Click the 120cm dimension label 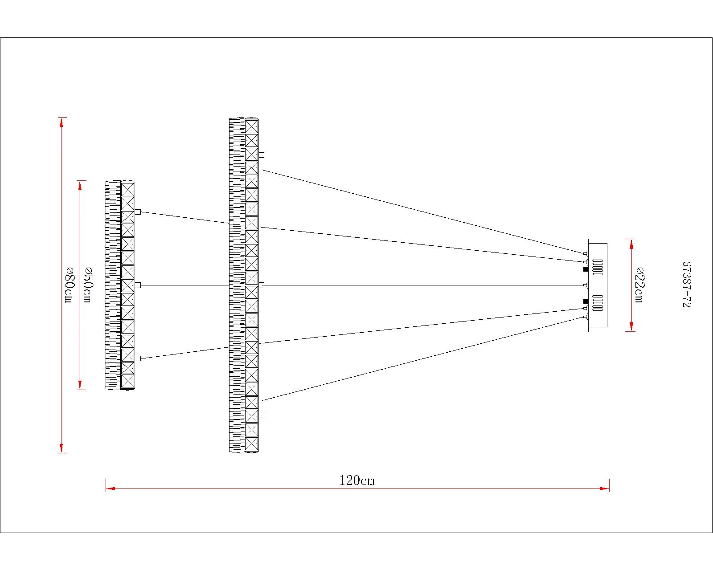(357, 480)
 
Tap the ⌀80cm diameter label (69, 285)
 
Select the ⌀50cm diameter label (87, 285)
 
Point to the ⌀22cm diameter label (639, 285)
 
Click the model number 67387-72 (687, 285)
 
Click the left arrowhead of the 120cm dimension (111, 489)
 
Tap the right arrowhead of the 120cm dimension (605, 489)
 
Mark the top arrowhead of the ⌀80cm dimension (61, 122)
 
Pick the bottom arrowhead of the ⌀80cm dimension (61, 448)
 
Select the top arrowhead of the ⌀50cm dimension (80, 186)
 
